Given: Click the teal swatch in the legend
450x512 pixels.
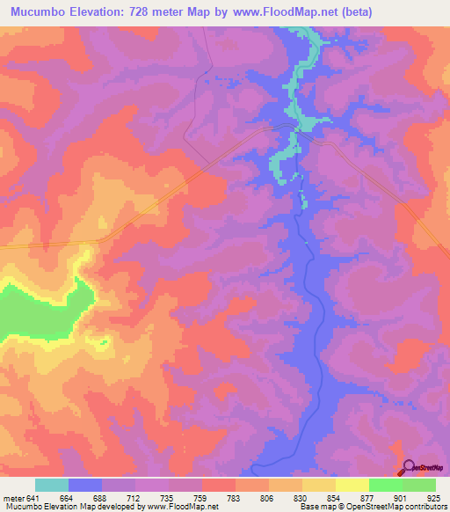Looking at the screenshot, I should tap(52, 485).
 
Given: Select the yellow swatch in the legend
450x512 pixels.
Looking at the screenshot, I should tap(352, 485).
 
